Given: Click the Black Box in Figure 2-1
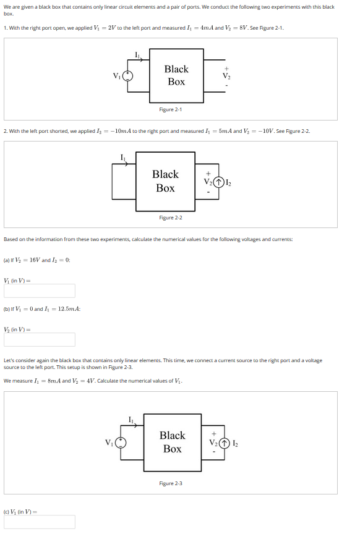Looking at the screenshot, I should (176, 76).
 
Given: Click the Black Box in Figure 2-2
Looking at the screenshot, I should (165, 181).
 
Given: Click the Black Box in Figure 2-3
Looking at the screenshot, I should (172, 442).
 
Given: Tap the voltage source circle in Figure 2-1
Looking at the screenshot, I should (128, 76).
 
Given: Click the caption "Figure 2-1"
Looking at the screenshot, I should (170, 109).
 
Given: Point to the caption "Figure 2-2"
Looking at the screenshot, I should (170, 218).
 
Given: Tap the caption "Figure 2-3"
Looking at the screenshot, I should (170, 483).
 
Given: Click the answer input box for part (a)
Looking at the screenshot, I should (40, 290).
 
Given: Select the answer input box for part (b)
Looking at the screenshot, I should (40, 339).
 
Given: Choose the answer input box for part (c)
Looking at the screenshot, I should (40, 522).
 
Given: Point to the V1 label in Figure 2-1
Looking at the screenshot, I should (116, 77).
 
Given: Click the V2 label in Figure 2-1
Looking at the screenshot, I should (226, 76).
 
